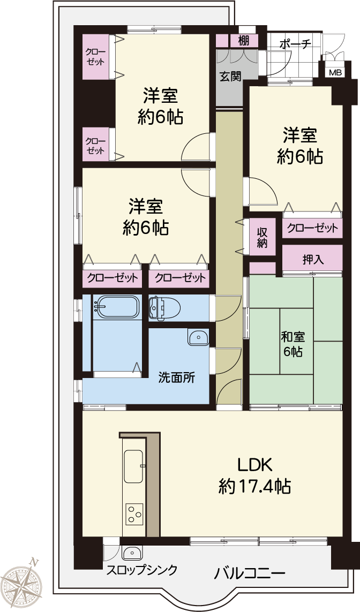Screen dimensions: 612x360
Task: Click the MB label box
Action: pyautogui.click(x=335, y=72)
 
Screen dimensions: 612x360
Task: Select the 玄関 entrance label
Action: pyautogui.click(x=229, y=75)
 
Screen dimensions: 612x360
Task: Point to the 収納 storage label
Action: pyautogui.click(x=262, y=237)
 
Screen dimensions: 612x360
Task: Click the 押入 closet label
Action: pyautogui.click(x=313, y=260)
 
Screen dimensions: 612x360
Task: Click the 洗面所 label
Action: pyautogui.click(x=176, y=377)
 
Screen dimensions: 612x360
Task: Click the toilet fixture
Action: pyautogui.click(x=164, y=308)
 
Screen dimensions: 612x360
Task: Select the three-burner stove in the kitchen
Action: pyautogui.click(x=134, y=515)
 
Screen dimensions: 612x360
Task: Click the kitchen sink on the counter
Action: pyautogui.click(x=133, y=466)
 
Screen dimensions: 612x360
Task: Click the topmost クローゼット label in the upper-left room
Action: pyautogui.click(x=96, y=57)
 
